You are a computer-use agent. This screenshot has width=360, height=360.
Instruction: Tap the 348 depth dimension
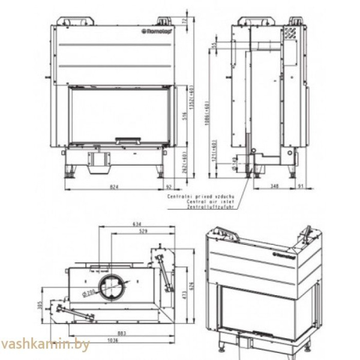(x=275, y=187)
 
